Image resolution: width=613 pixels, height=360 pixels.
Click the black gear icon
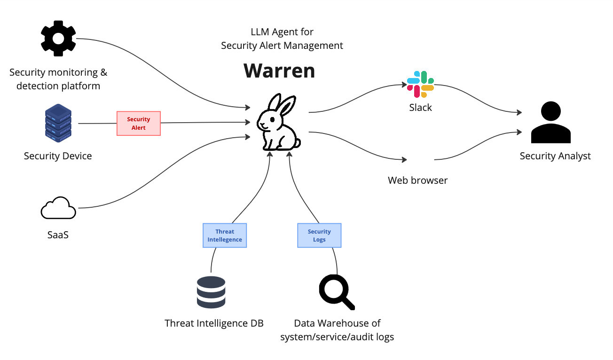coord(58,39)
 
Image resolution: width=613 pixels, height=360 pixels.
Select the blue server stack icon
coord(58,123)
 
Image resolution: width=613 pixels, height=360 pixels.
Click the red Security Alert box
coord(139,124)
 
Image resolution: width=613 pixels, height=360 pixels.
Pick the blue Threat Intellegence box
coord(225,235)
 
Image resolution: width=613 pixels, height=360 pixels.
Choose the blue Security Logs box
coord(319,235)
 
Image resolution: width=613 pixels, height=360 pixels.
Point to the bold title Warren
coord(279,70)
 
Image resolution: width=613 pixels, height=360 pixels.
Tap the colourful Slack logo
coord(420,85)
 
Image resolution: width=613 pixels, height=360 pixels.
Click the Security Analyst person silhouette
coord(550,123)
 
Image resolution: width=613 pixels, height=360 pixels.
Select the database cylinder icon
coord(211,292)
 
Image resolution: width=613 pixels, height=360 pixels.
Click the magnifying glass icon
coord(336,291)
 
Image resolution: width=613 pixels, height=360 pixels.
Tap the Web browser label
coord(417,180)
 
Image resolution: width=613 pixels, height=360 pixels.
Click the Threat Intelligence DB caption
coord(214,323)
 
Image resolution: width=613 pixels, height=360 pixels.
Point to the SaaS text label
coord(58,235)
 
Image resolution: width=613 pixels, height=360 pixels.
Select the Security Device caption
coord(58,156)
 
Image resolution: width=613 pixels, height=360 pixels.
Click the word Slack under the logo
coord(420,108)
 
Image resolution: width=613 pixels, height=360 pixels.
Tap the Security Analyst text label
coord(555,156)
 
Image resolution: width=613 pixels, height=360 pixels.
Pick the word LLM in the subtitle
coord(261,32)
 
